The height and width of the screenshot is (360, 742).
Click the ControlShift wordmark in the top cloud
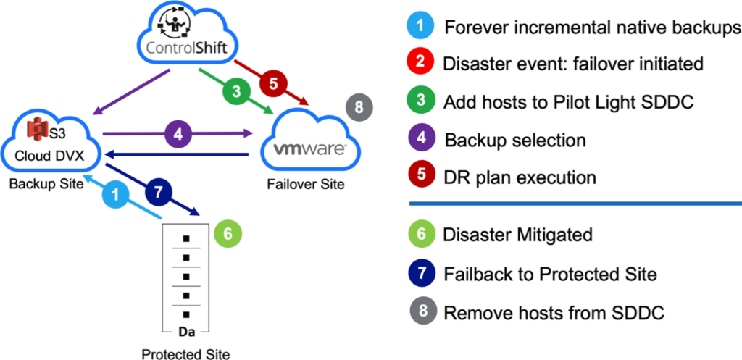[x=187, y=48]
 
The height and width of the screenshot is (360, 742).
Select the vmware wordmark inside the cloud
[x=310, y=150]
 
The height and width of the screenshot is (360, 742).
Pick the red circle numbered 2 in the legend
[x=420, y=62]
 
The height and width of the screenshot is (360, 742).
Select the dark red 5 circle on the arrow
[x=273, y=84]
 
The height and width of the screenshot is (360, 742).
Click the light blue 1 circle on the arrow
[x=117, y=195]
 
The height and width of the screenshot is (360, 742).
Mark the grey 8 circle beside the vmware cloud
[x=359, y=107]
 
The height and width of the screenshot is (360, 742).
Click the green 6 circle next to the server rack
[x=228, y=234]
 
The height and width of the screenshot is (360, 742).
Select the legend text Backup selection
[x=515, y=140]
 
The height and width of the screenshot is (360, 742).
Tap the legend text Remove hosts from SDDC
[x=554, y=311]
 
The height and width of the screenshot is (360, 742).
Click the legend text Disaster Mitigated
[x=517, y=234]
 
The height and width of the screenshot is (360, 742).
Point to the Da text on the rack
[x=186, y=332]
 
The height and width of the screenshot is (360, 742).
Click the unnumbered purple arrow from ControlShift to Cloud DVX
[x=132, y=92]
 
